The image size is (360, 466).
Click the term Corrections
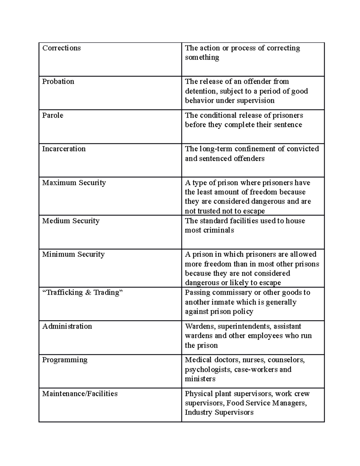(x=61, y=48)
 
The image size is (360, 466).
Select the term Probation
(x=58, y=82)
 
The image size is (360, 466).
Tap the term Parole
(x=53, y=116)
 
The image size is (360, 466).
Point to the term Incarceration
(x=64, y=149)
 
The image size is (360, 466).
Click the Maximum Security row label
(x=74, y=183)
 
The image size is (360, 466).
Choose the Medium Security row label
(x=71, y=221)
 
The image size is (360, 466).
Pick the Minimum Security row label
(x=73, y=254)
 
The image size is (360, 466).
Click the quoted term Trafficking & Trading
(x=83, y=293)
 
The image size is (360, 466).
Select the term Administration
(x=67, y=326)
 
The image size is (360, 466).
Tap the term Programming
(x=65, y=360)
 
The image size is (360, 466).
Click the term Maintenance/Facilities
(x=80, y=394)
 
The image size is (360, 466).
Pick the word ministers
(x=200, y=379)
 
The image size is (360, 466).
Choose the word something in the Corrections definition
(x=202, y=57)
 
